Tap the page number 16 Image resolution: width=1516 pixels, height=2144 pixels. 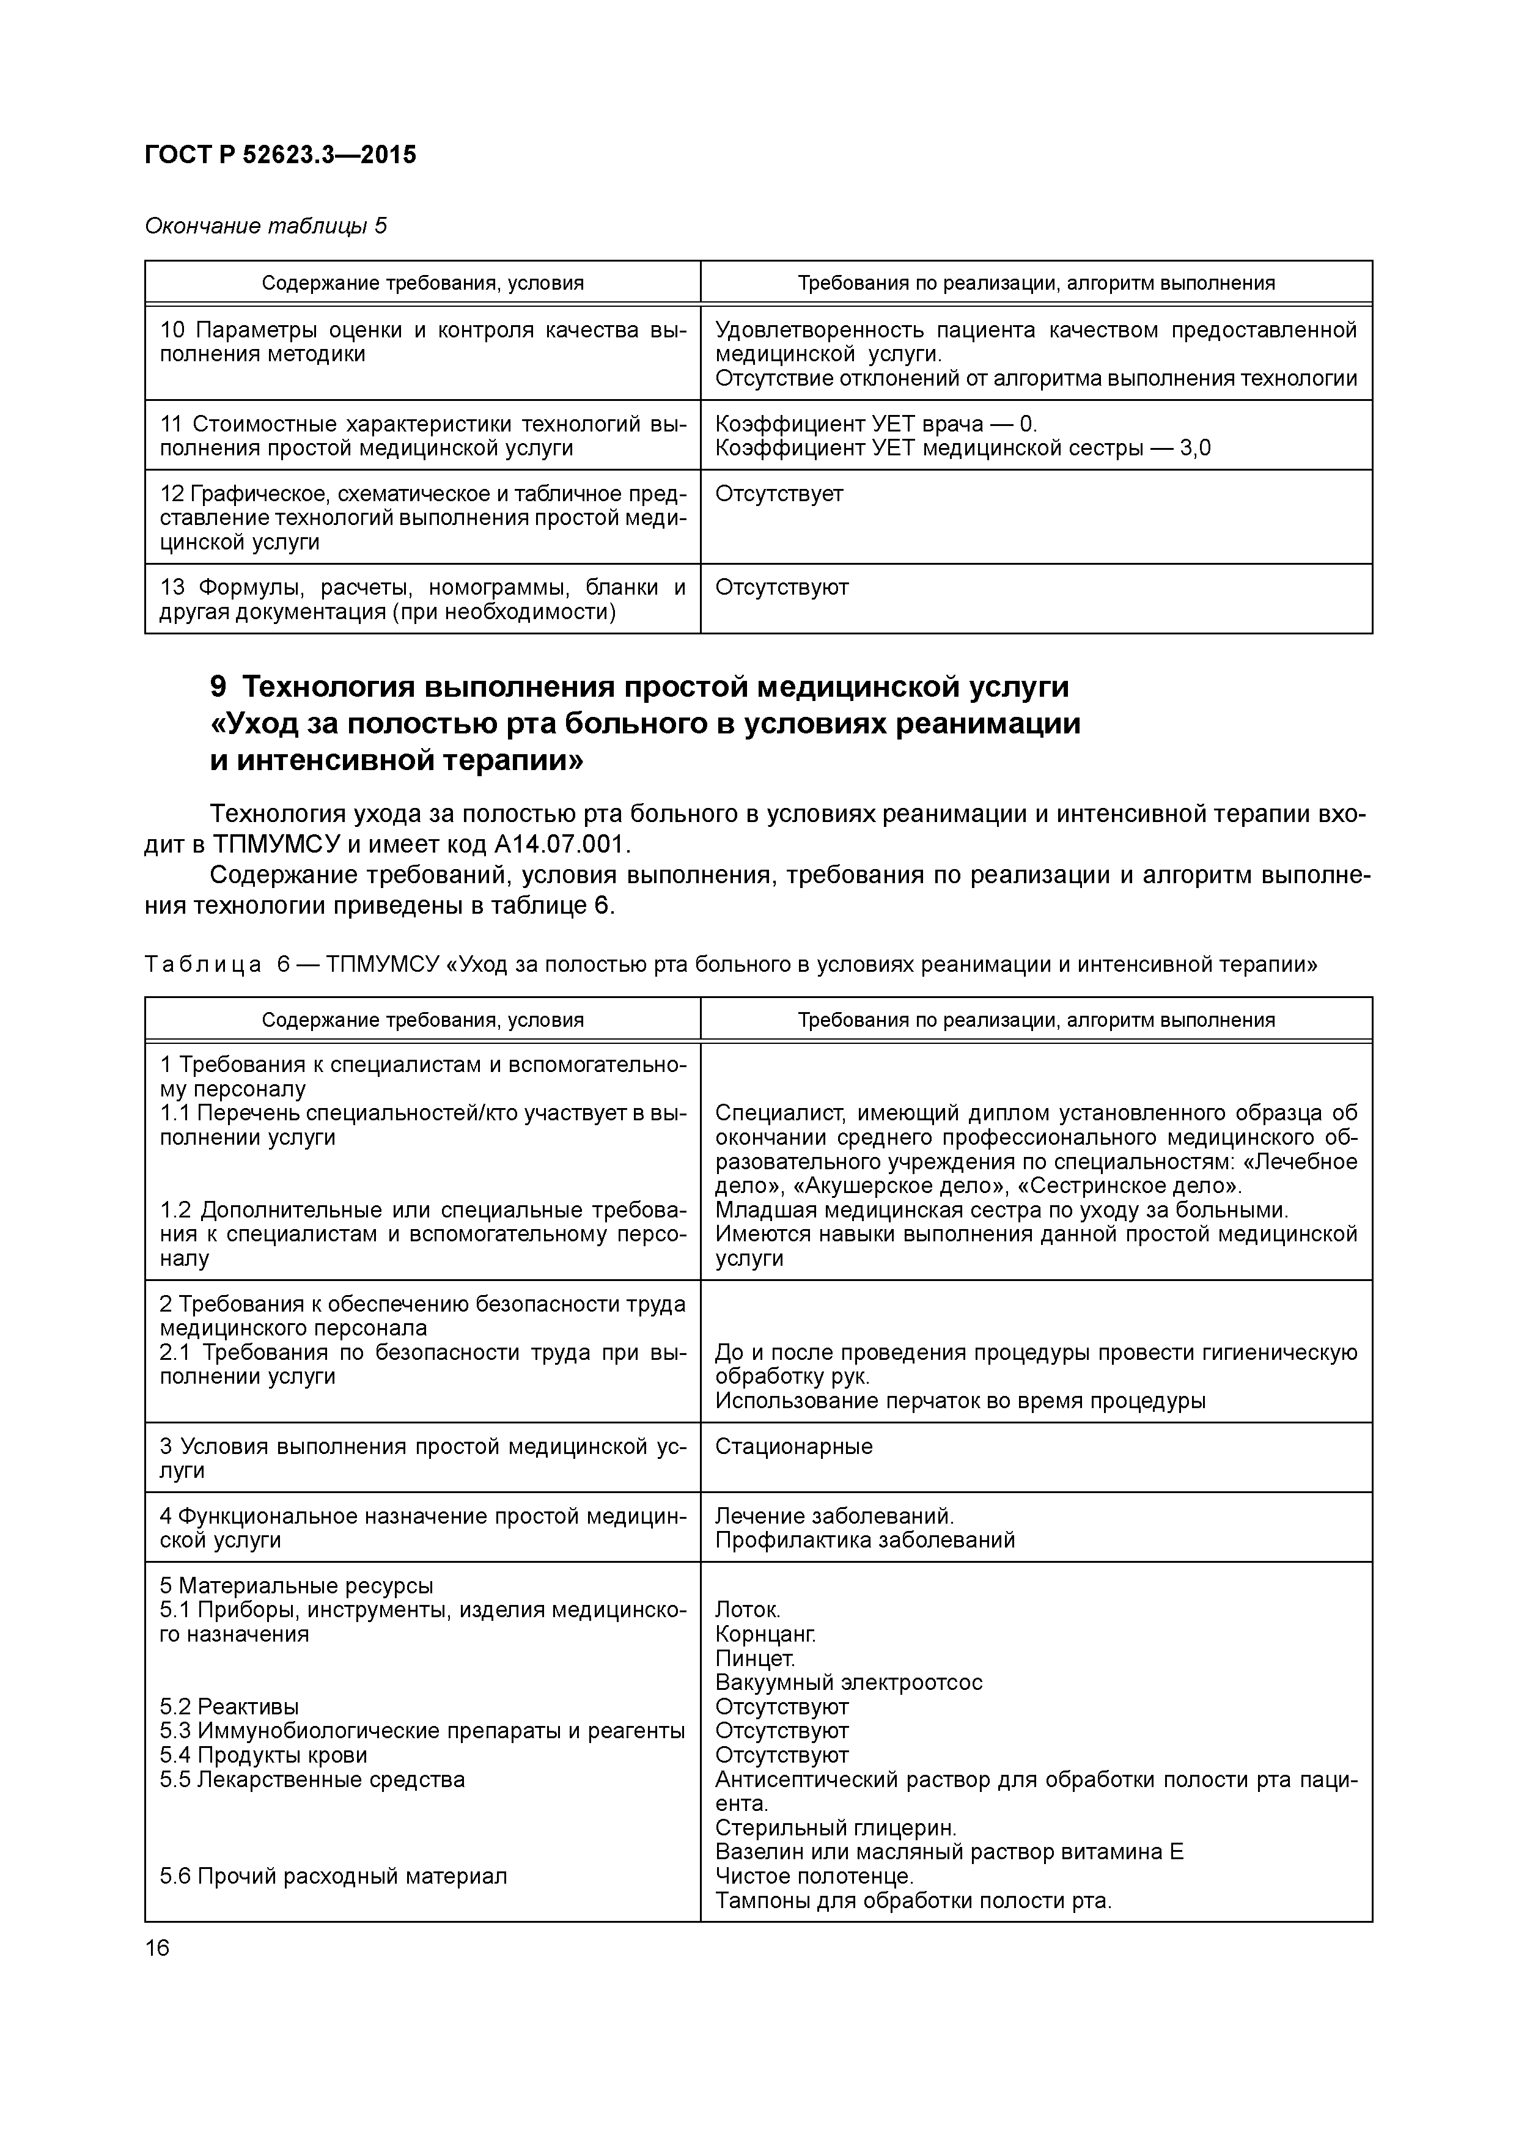[x=158, y=1948]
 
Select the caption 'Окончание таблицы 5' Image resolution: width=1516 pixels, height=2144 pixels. [x=265, y=226]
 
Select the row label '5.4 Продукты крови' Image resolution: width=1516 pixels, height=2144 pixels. [x=263, y=1755]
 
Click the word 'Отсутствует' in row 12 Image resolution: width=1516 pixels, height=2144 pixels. [x=779, y=493]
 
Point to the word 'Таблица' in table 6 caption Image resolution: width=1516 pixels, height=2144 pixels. [x=203, y=964]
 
